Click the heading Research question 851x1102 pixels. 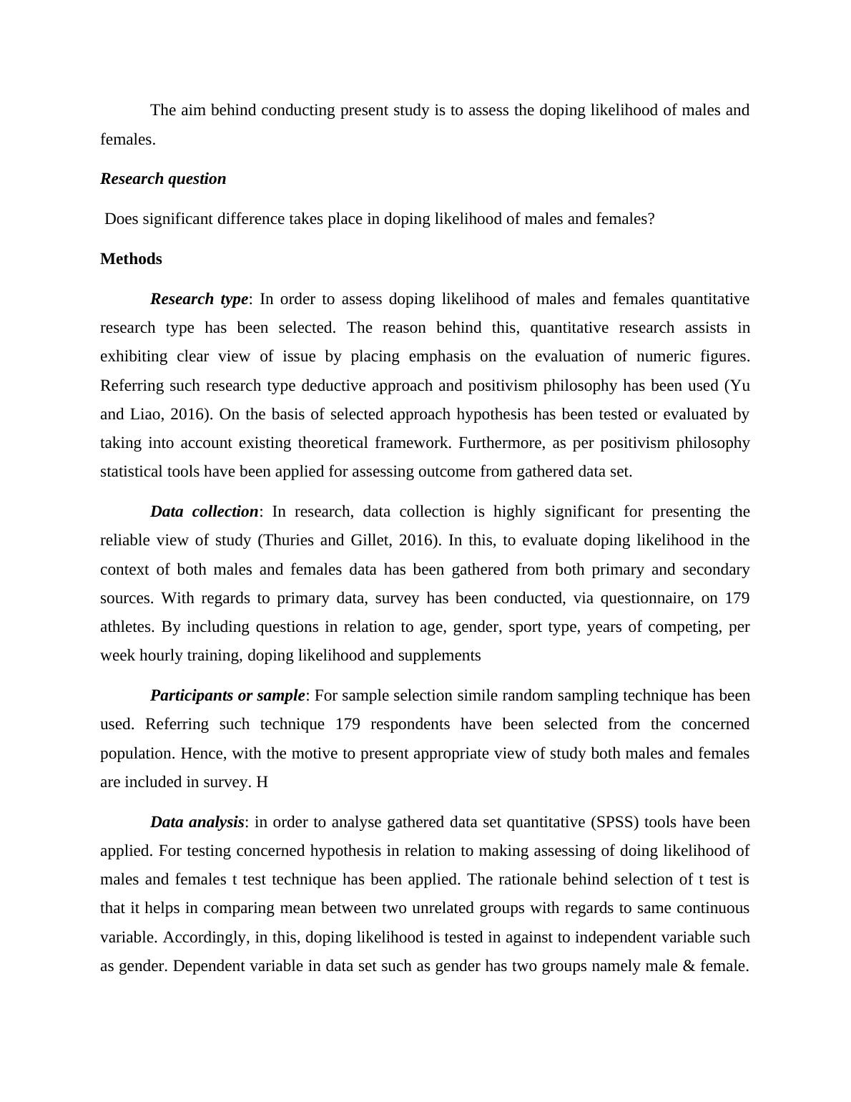pyautogui.click(x=163, y=179)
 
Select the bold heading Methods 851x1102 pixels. pyautogui.click(x=131, y=259)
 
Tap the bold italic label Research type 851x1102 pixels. pyautogui.click(x=199, y=299)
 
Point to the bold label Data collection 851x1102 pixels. pyautogui.click(x=204, y=512)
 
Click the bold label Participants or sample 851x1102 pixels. pyautogui.click(x=227, y=696)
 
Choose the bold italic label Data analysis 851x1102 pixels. pyautogui.click(x=197, y=822)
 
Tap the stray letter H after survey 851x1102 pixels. pyautogui.click(x=262, y=782)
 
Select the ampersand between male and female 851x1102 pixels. pyautogui.click(x=689, y=966)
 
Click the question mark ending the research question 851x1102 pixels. pyautogui.click(x=651, y=219)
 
